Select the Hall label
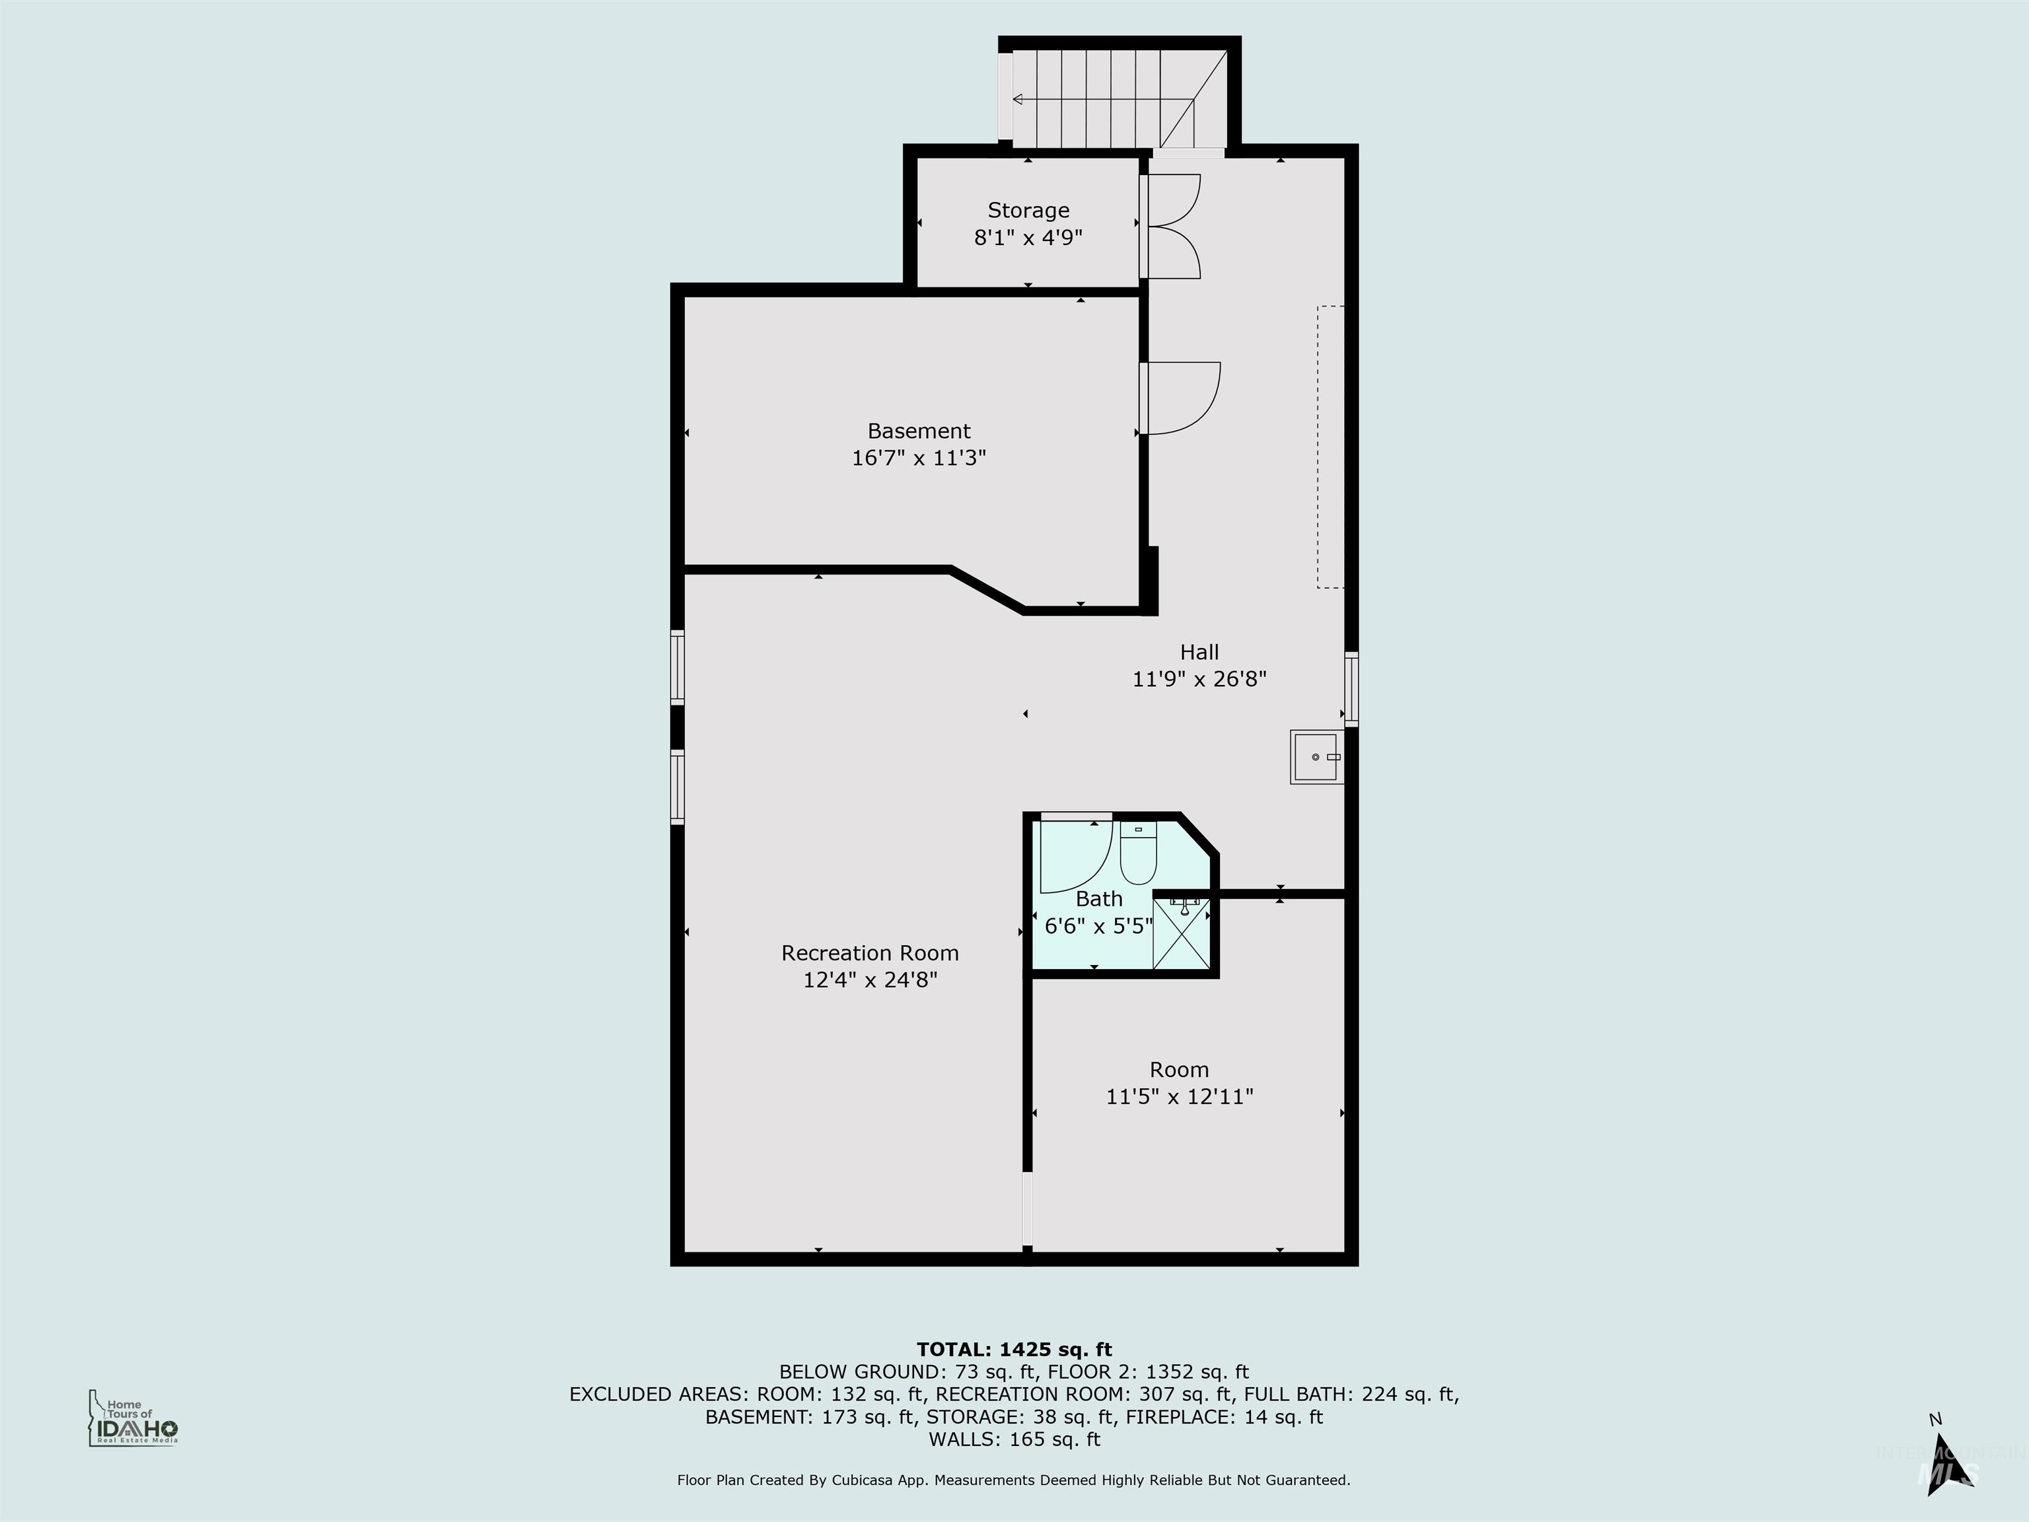coord(1199,652)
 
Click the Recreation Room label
coord(870,953)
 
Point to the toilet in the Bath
coord(1138,856)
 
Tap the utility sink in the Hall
coord(1316,757)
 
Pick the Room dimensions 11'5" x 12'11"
coord(1179,1097)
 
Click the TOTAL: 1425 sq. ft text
coord(1014,1350)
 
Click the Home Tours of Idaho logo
coord(133,1418)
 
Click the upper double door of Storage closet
coord(1174,199)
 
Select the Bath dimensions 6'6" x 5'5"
coord(1098,925)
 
